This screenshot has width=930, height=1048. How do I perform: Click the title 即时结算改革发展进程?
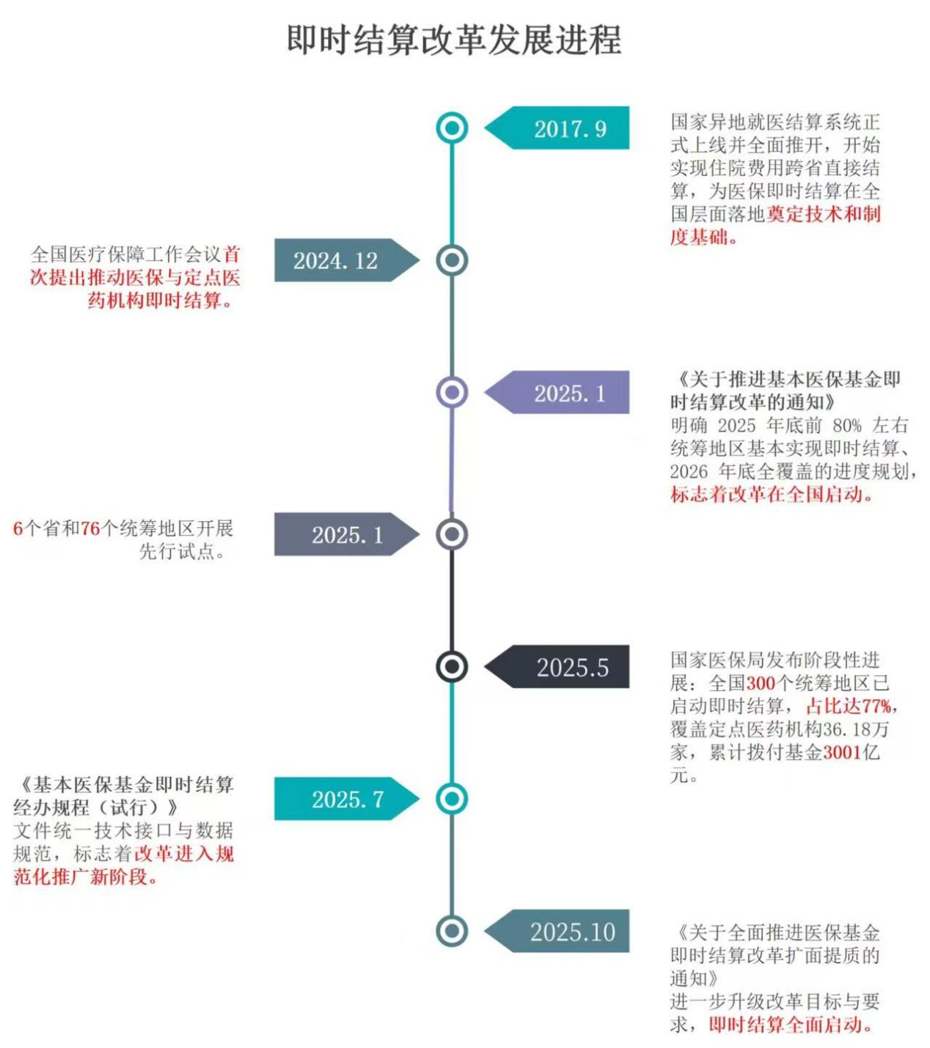pyautogui.click(x=454, y=40)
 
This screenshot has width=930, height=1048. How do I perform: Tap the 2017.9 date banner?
pyautogui.click(x=557, y=128)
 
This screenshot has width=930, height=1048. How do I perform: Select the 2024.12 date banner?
pyautogui.click(x=347, y=260)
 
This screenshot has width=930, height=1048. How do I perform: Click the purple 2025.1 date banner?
pyautogui.click(x=557, y=392)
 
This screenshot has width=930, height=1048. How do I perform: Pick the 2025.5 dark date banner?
pyautogui.click(x=557, y=666)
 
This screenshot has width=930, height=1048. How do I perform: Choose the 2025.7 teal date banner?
pyautogui.click(x=347, y=798)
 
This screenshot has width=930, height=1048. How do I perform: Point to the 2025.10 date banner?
pyautogui.click(x=557, y=931)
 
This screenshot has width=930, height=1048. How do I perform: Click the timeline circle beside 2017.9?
pyautogui.click(x=452, y=128)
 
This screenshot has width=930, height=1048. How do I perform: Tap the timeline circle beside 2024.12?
pyautogui.click(x=452, y=260)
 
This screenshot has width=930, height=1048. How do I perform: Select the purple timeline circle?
pyautogui.click(x=452, y=392)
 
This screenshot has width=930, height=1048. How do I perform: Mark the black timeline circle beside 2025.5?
pyautogui.click(x=452, y=666)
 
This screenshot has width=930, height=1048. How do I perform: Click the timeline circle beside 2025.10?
pyautogui.click(x=452, y=931)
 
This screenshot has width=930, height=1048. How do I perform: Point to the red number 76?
pyautogui.click(x=90, y=528)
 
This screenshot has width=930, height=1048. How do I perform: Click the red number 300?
pyautogui.click(x=761, y=683)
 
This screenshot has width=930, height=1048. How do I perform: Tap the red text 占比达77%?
pyautogui.click(x=848, y=706)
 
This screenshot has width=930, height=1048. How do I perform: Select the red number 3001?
pyautogui.click(x=842, y=752)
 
